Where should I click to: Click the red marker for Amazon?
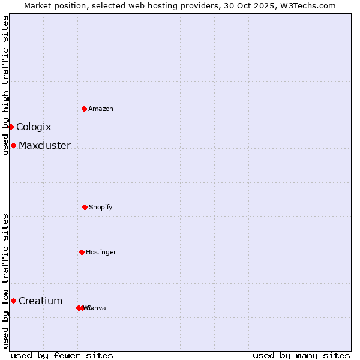(x=85, y=109)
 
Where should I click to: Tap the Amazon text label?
(x=100, y=109)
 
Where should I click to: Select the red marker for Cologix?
(x=11, y=127)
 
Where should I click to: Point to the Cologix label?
(x=34, y=127)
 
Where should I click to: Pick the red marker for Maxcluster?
(x=13, y=145)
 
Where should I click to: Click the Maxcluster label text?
(x=44, y=145)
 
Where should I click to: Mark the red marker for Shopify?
(x=85, y=207)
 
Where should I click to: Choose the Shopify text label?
(x=100, y=207)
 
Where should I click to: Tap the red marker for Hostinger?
(x=82, y=252)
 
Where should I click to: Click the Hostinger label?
(x=101, y=252)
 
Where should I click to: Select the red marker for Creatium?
(x=13, y=301)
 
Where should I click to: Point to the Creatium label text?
(x=40, y=301)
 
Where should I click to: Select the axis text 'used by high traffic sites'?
(x=5, y=85)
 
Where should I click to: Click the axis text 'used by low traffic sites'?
(x=5, y=281)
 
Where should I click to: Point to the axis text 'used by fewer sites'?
(x=62, y=355)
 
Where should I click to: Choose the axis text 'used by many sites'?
(x=301, y=355)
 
